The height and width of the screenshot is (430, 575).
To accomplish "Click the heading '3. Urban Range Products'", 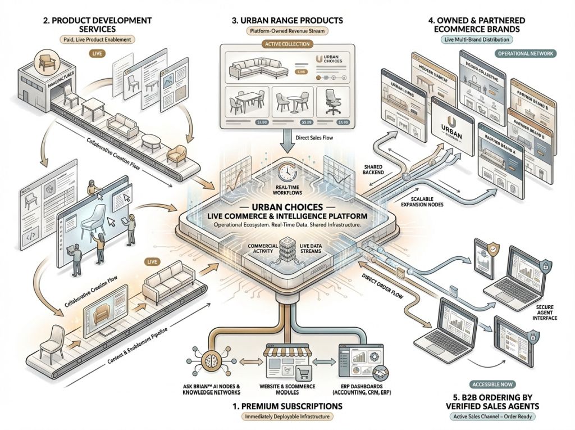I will tap(287, 21).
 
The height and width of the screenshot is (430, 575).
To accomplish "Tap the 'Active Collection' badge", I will tap(287, 44).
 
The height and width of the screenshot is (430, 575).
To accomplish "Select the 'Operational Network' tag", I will tap(526, 53).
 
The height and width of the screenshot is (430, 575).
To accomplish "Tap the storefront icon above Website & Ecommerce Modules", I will tap(287, 357).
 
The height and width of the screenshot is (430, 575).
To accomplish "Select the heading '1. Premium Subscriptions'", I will tap(287, 405).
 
